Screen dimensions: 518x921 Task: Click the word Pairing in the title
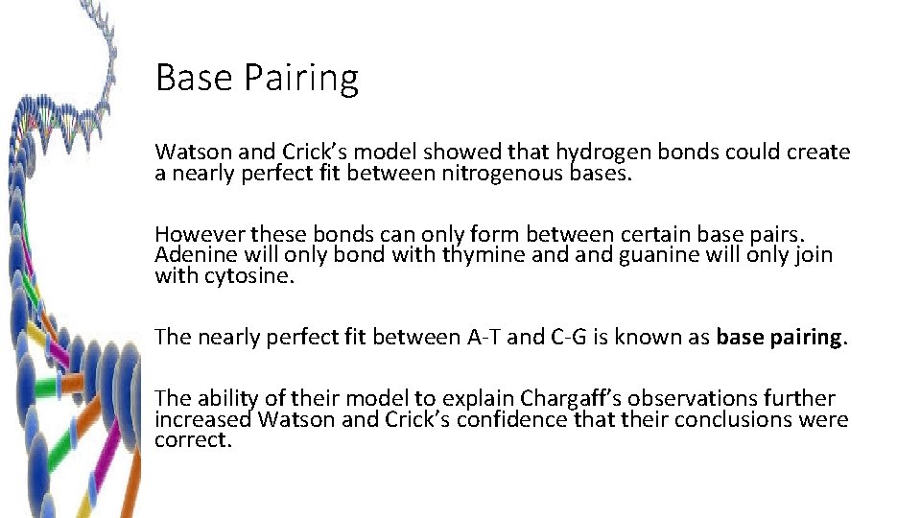click(306, 79)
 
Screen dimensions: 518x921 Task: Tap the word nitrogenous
click(503, 174)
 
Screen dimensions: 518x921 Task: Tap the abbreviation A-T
click(481, 337)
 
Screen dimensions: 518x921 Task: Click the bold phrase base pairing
click(781, 337)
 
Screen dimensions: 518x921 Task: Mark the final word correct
click(193, 441)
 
